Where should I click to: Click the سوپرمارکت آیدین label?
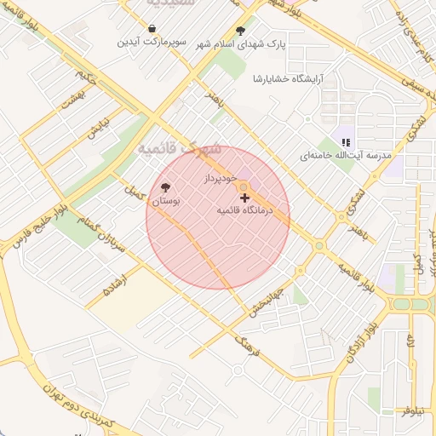tap(152, 42)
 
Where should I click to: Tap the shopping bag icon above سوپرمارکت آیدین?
tap(152, 28)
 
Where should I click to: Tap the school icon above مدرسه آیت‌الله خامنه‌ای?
tap(346, 142)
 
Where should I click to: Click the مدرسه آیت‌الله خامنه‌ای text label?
tap(345, 158)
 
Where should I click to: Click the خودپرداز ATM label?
tap(219, 180)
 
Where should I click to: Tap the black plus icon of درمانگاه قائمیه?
tap(245, 198)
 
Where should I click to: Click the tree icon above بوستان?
tap(165, 187)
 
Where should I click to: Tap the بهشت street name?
tap(67, 100)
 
